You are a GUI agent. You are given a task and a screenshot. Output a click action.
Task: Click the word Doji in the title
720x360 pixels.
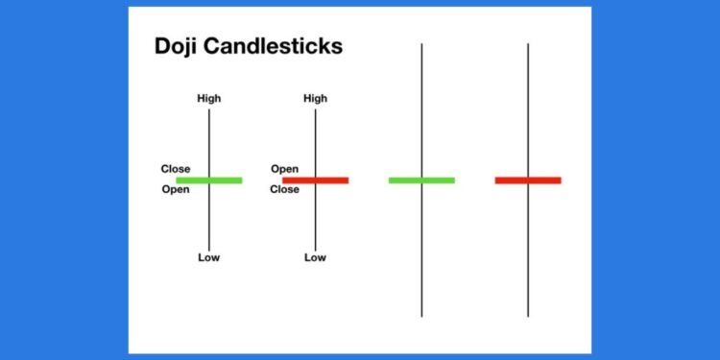pos(177,47)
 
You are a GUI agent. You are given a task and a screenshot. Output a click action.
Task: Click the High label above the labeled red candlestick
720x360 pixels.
pos(315,98)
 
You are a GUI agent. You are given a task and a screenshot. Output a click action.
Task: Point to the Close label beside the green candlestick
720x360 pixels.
pos(175,169)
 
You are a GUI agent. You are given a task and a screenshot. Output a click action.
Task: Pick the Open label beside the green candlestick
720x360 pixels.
pos(175,189)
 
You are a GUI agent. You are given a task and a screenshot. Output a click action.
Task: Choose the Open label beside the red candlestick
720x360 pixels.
pos(284,169)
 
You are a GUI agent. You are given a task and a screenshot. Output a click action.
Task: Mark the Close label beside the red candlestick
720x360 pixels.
pos(284,189)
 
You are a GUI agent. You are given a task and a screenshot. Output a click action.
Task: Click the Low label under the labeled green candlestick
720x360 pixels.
pos(208,257)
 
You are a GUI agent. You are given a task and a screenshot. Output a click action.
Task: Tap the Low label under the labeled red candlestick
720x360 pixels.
pos(315,257)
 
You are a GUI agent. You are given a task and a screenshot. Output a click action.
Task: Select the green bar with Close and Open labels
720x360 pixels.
pos(209,180)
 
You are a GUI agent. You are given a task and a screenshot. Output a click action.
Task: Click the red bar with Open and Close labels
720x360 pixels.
pos(316,180)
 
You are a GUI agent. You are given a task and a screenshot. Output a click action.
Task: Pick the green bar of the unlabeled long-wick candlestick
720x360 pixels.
pos(421,180)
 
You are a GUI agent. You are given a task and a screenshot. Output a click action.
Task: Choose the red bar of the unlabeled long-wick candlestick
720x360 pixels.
pos(528,180)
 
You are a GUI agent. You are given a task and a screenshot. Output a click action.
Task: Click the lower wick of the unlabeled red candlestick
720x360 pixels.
pos(528,250)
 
